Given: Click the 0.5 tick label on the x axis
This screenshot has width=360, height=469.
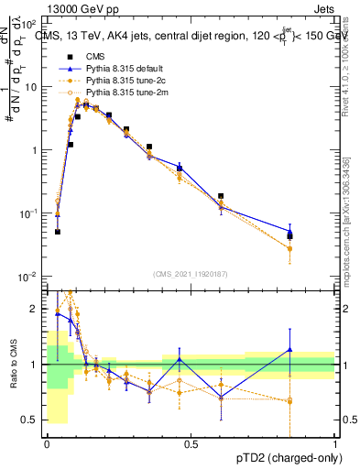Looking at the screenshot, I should [191, 445].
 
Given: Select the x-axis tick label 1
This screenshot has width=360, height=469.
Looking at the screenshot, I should [334, 445].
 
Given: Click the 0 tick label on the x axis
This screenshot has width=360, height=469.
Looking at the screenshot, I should [47, 445].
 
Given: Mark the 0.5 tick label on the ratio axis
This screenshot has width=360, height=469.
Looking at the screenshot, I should [29, 420].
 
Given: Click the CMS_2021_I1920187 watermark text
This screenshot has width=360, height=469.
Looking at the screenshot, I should [191, 273].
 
